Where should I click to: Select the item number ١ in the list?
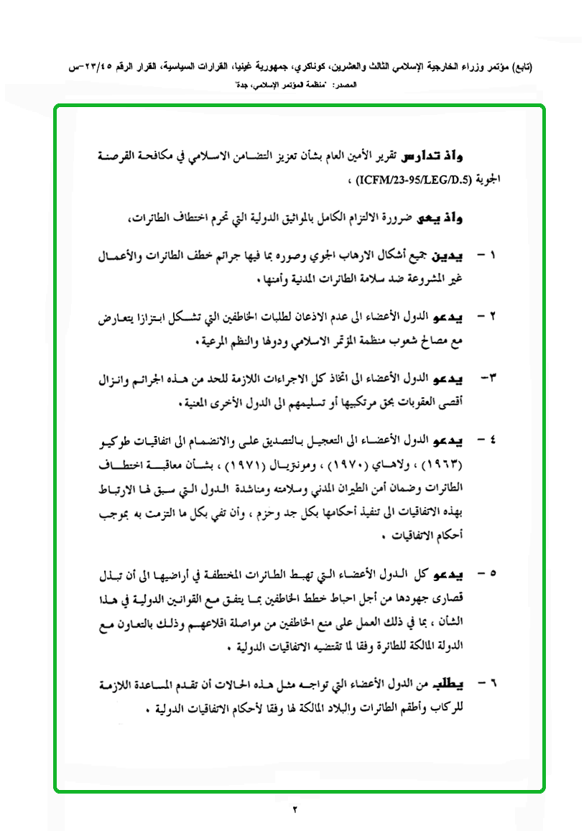(x=493, y=256)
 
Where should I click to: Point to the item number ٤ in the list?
(x=493, y=439)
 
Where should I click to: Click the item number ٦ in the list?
(x=493, y=679)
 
